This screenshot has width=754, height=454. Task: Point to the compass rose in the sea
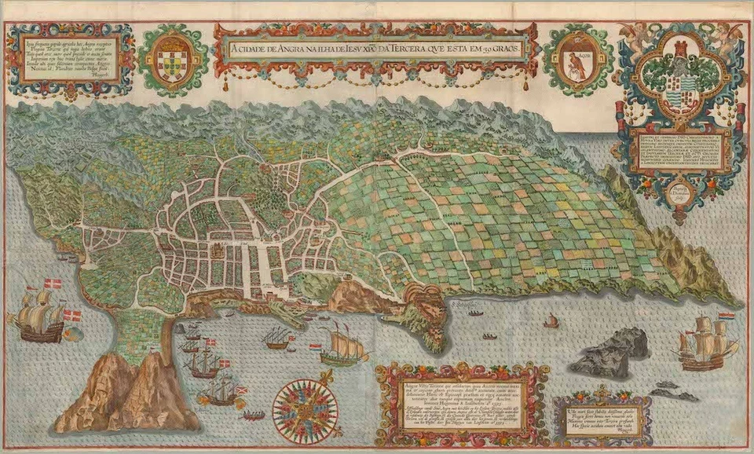[305, 408]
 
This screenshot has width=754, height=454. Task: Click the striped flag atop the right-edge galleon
[727, 315]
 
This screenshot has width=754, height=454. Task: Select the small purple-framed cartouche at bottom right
[602, 416]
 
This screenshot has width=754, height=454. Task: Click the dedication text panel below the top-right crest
[681, 152]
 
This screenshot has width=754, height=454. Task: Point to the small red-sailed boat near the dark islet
[551, 321]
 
